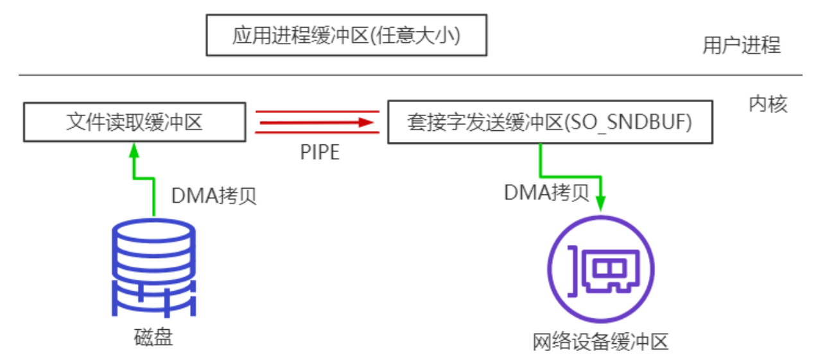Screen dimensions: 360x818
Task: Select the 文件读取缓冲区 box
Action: pyautogui.click(x=134, y=121)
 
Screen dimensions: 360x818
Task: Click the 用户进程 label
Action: pyautogui.click(x=742, y=46)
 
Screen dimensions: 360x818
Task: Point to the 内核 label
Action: pyautogui.click(x=768, y=104)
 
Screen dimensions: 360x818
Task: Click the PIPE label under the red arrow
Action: pyautogui.click(x=319, y=153)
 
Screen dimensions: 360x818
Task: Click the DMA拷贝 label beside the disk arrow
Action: pyautogui.click(x=214, y=196)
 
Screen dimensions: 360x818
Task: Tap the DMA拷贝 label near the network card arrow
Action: pyautogui.click(x=546, y=192)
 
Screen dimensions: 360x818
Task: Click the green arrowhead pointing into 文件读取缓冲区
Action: pyautogui.click(x=134, y=150)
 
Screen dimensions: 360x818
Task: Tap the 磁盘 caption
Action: pyautogui.click(x=153, y=337)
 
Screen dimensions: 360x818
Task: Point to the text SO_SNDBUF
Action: pyautogui.click(x=643, y=122)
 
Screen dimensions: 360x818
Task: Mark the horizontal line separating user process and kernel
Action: pyautogui.click(x=411, y=75)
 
